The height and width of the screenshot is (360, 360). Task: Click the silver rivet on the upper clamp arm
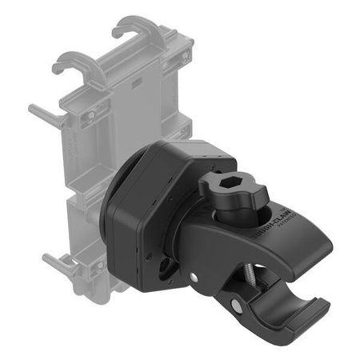pos(194,277)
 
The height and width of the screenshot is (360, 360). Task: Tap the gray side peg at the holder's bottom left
pos(54,261)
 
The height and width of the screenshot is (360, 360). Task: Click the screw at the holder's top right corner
pos(185,58)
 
